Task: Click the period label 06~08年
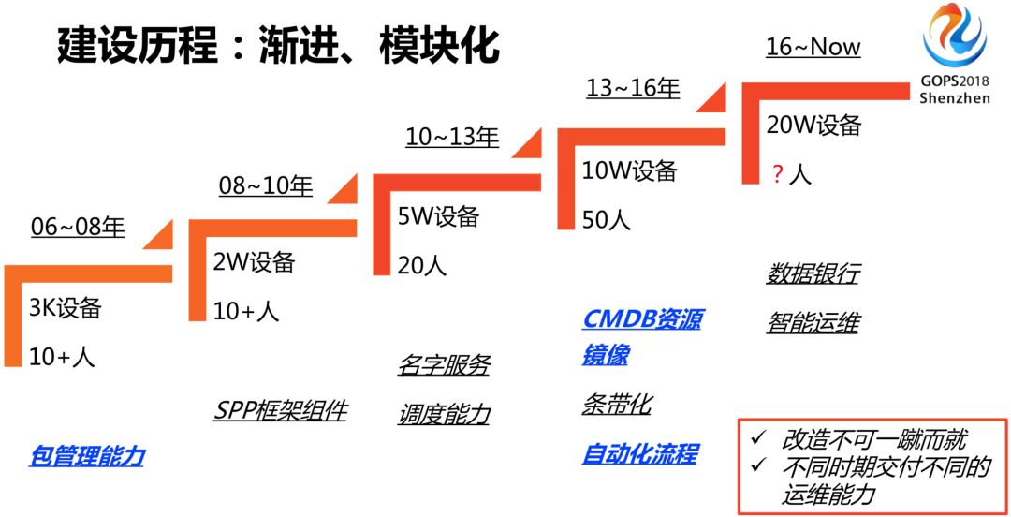coord(78,228)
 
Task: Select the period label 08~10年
coord(266,185)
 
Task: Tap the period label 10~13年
coord(452,137)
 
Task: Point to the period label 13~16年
coord(633,89)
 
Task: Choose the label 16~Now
coord(813,47)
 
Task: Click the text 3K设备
coord(65,308)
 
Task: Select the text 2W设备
coord(254,262)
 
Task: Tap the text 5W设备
coord(438,217)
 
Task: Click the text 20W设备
coord(813,126)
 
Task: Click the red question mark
coord(776,174)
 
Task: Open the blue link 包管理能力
coord(87,456)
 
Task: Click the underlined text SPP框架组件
coord(280,410)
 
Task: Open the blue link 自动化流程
coord(639,454)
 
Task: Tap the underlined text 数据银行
coord(812,274)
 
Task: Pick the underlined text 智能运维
coord(812,323)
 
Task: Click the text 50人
coord(606,220)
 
